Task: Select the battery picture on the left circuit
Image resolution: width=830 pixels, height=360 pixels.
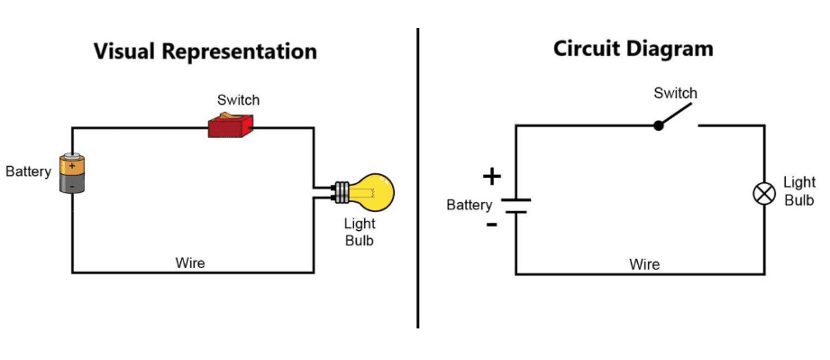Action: [72, 173]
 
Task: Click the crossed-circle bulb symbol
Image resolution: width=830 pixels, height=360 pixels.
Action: [763, 193]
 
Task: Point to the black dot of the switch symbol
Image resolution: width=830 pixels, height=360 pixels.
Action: [659, 125]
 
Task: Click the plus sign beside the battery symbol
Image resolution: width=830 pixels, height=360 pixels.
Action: [491, 177]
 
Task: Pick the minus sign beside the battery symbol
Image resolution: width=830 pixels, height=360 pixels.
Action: [491, 223]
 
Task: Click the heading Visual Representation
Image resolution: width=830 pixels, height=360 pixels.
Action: [205, 51]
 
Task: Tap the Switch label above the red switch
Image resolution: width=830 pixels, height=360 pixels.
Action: [238, 99]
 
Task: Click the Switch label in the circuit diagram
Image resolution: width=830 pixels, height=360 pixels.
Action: [675, 93]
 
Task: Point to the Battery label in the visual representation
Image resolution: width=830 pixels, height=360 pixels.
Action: [28, 171]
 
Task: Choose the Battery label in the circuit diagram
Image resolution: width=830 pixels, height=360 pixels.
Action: [470, 205]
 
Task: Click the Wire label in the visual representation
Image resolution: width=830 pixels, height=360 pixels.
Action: [190, 263]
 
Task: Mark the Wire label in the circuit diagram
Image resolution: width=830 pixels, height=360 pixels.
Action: [644, 264]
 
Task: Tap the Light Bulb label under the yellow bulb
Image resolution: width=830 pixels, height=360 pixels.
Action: [358, 232]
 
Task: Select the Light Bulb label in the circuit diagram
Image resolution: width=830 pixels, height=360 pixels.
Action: [799, 191]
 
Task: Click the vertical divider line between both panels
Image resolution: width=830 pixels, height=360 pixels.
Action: [418, 180]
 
